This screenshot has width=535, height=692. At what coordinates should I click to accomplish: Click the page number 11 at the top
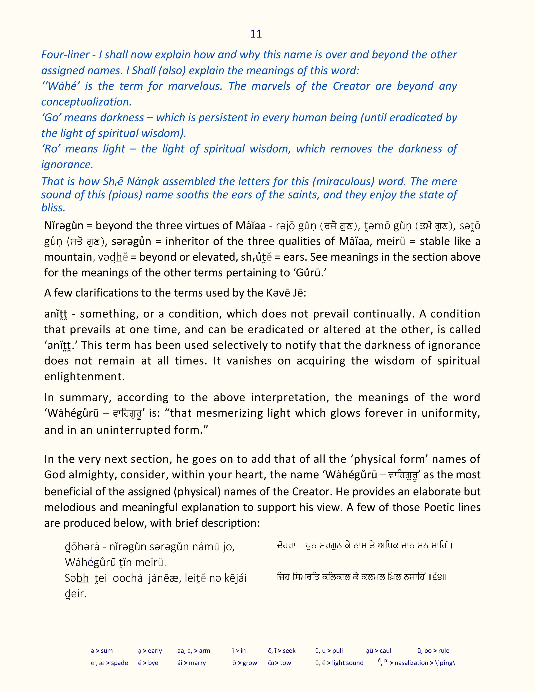[x=256, y=34]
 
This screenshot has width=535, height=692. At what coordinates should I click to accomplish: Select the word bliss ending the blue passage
[x=53, y=208]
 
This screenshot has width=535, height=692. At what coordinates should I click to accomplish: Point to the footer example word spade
[x=120, y=663]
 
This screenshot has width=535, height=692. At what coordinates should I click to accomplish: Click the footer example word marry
[x=197, y=663]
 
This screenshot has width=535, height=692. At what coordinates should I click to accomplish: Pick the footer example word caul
[x=385, y=651]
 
